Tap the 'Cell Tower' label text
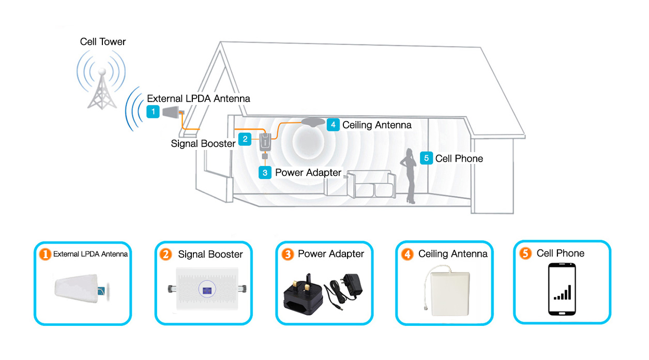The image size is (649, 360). pos(103,42)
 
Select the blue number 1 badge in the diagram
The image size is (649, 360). pos(153,112)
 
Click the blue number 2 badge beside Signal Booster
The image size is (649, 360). pos(245,139)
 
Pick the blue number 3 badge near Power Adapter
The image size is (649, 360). pos(265,172)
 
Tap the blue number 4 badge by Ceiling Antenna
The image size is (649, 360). pos(333,125)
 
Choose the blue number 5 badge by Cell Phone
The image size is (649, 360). pos(426,158)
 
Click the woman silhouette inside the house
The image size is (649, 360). pos(409,176)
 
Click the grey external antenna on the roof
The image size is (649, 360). pos(173,112)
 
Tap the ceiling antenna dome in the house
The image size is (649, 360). pos(313,122)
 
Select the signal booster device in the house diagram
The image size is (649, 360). pos(265,142)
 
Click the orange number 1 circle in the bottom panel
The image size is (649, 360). pos(45,254)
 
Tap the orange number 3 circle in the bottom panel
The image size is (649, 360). pos(288,254)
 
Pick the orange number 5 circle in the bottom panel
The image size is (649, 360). pos(525,253)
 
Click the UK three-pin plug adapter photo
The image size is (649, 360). pos(303,294)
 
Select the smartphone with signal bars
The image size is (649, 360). pos(562,289)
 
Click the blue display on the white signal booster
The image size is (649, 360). pos(207,290)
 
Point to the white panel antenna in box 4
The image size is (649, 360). pos(450,293)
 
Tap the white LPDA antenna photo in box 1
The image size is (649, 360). pos(82,289)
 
